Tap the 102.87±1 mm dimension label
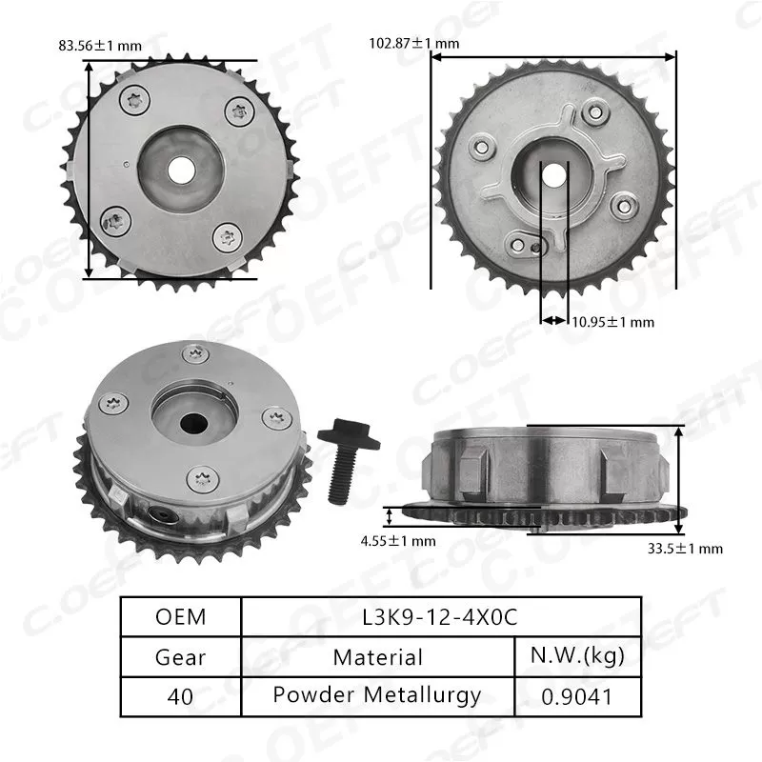413,43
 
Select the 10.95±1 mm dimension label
612,321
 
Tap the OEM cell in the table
180,617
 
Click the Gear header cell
180,656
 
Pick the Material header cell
378,656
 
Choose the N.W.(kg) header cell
577,656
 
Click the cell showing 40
180,695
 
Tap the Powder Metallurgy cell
378,695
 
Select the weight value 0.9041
577,695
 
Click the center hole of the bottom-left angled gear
196,420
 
